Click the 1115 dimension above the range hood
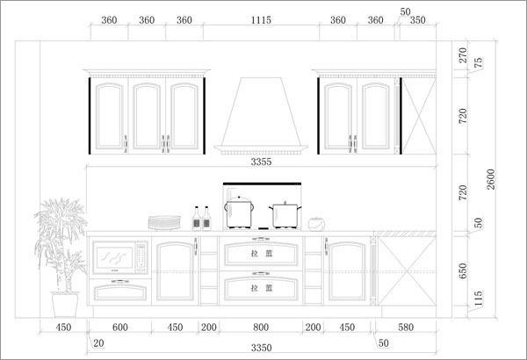261,20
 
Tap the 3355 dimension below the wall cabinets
261,162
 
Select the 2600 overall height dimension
491,179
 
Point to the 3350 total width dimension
261,348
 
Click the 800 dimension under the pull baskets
261,327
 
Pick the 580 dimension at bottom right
406,327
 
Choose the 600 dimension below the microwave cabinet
120,327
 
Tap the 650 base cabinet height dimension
463,270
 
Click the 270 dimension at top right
463,55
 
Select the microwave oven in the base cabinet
120,257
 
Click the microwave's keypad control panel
141,256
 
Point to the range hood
261,116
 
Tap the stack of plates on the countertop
164,223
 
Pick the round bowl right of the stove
316,224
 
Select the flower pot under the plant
65,305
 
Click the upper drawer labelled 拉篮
261,254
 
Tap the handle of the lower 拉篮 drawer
261,274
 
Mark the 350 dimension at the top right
418,20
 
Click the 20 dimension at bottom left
98,343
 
